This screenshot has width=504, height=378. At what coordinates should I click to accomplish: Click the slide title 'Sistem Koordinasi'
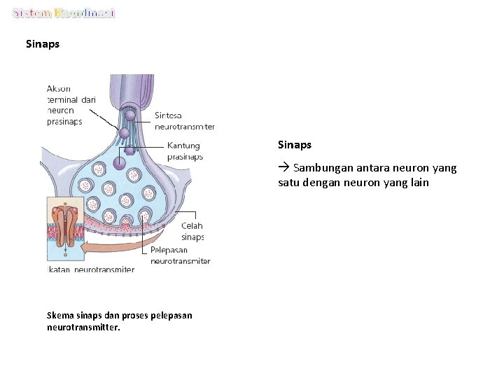[x=64, y=13]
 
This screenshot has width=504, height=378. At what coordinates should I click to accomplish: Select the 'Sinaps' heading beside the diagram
[x=295, y=145]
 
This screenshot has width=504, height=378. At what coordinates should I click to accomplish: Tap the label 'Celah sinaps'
[x=192, y=231]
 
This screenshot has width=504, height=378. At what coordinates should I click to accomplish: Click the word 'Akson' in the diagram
[x=59, y=88]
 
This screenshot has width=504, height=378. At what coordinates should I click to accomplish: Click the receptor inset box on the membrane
[x=64, y=229]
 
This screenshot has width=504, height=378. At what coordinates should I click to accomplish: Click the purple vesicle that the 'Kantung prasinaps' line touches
[x=120, y=163]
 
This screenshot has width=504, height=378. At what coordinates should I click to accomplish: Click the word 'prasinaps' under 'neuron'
[x=64, y=121]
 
